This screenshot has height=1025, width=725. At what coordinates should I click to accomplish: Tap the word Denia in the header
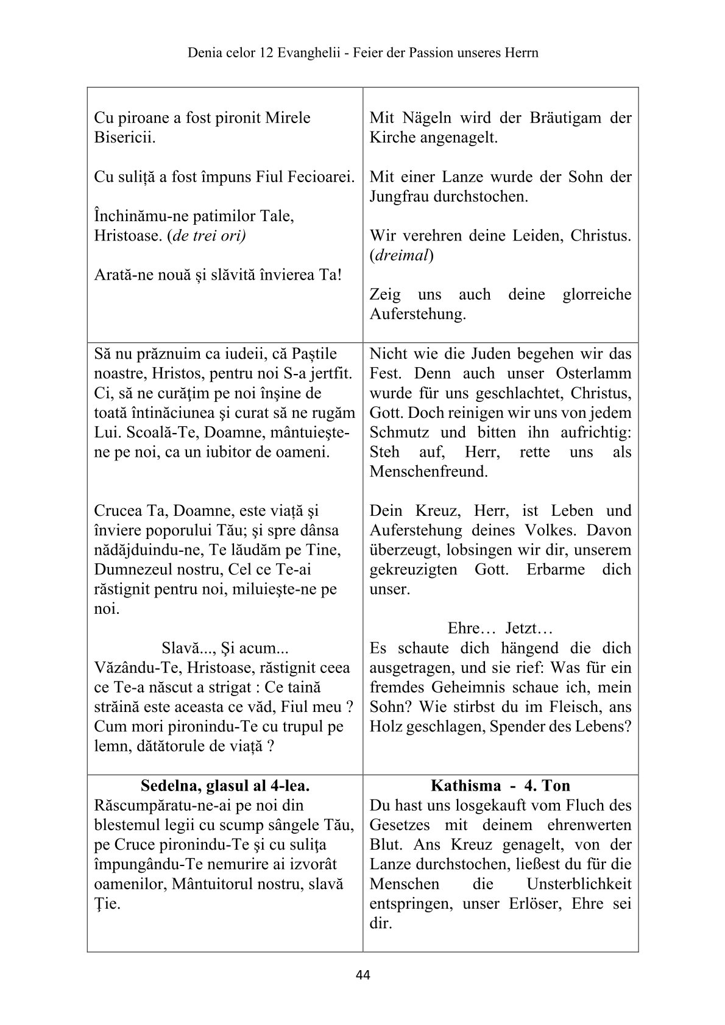tap(205, 53)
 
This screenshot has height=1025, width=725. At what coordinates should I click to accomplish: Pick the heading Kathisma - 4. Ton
tap(500, 786)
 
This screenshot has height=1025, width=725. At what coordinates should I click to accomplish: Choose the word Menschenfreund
tap(428, 471)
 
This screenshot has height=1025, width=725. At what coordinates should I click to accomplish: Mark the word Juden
tap(467, 354)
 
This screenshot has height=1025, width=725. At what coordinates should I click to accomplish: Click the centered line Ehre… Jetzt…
tap(500, 628)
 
